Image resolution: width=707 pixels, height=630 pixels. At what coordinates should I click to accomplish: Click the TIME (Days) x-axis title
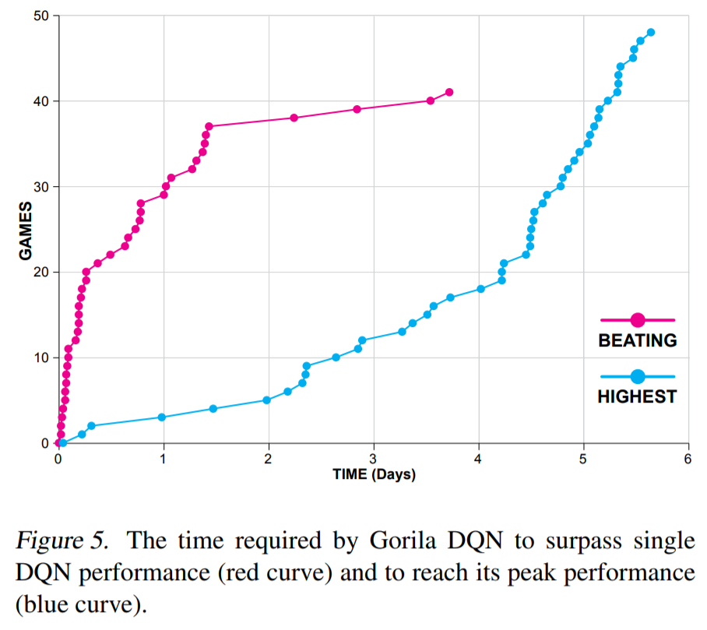pyautogui.click(x=374, y=474)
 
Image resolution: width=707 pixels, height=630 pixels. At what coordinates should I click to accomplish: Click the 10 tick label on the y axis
pyautogui.click(x=44, y=358)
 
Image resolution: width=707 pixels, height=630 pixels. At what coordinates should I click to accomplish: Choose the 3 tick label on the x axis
pyautogui.click(x=374, y=459)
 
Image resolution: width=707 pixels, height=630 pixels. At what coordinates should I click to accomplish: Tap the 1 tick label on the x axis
pyautogui.click(x=164, y=459)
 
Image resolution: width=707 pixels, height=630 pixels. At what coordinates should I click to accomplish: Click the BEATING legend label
pyautogui.click(x=637, y=340)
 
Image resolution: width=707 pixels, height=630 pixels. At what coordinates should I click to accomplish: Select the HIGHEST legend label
pyautogui.click(x=637, y=396)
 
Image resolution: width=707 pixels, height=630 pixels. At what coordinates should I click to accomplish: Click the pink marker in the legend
pyautogui.click(x=637, y=319)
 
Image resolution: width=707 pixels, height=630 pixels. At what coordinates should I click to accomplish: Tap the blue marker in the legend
pyautogui.click(x=637, y=376)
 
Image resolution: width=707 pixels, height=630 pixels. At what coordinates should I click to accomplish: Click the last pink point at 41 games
pyautogui.click(x=449, y=93)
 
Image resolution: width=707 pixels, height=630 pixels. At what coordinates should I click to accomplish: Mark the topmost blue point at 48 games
pyautogui.click(x=651, y=33)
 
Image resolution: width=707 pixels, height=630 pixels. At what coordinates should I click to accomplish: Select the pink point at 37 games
pyautogui.click(x=209, y=126)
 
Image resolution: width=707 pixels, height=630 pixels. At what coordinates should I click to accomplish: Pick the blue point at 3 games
pyautogui.click(x=162, y=417)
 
